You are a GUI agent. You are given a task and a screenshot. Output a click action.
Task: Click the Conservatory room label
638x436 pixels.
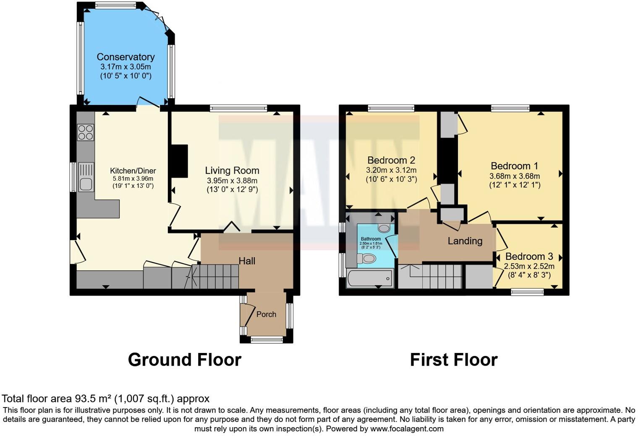pos(126,57)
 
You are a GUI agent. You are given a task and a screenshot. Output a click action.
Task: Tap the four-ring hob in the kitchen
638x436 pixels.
pos(86,132)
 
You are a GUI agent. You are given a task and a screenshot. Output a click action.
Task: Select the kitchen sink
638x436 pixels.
pos(86,177)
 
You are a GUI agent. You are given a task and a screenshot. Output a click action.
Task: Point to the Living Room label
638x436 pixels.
pos(232,170)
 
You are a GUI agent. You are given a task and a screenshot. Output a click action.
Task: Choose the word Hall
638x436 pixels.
pos(247,261)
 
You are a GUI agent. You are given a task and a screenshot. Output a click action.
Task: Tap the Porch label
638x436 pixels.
pos(266,314)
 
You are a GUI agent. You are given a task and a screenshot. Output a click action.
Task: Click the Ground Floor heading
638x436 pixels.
pos(185,360)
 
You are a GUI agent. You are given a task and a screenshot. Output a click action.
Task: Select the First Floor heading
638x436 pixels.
pos(454,360)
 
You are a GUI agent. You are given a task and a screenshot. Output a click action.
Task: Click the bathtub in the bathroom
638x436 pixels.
pos(370,279)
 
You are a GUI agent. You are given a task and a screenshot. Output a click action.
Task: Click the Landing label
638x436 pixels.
pos(465,241)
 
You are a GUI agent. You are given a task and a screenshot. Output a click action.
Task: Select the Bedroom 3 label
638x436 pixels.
pos(529,256)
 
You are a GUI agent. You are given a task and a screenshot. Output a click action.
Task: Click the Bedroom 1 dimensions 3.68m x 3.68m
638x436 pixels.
pos(515,176)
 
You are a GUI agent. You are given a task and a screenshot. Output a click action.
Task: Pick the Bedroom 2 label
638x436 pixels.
pos(391,160)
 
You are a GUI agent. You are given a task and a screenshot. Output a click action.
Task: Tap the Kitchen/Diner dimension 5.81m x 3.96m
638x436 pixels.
pos(133,179)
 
